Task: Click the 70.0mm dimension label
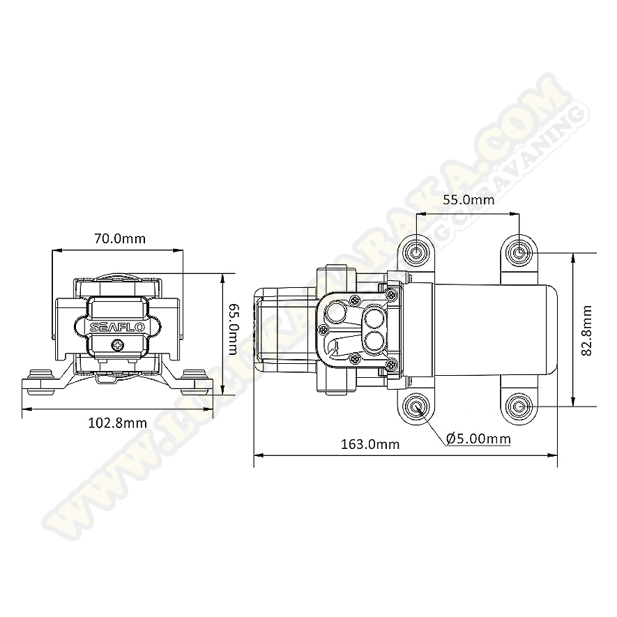pos(120,238)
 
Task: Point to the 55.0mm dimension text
pos(469,200)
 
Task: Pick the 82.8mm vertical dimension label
pos(586,330)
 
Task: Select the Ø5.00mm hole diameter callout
pos(478,439)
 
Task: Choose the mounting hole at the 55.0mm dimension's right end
pos(519,250)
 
